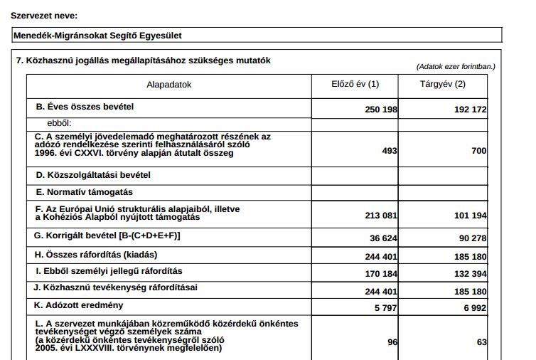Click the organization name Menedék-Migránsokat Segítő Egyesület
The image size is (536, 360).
102,35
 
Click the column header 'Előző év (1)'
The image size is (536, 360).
355,84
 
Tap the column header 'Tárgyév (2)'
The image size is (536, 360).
443,84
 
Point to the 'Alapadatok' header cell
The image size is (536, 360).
169,85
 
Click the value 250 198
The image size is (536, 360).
380,110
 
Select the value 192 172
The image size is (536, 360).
470,110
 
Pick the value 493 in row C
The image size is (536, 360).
390,151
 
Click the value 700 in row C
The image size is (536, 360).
478,151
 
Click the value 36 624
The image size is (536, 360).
383,238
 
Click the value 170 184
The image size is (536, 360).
380,274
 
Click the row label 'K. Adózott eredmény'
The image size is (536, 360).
79,305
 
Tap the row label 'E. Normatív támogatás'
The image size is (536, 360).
83,192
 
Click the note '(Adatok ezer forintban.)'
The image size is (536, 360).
456,66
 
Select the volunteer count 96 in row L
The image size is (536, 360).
392,342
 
